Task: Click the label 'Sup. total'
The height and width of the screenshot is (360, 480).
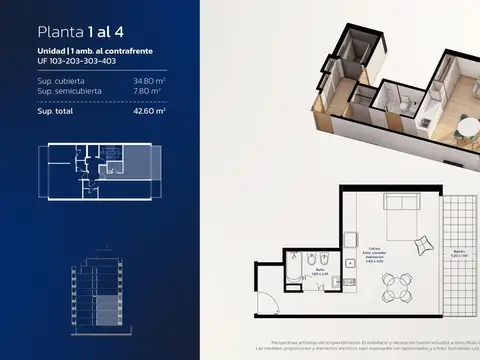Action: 58,112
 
